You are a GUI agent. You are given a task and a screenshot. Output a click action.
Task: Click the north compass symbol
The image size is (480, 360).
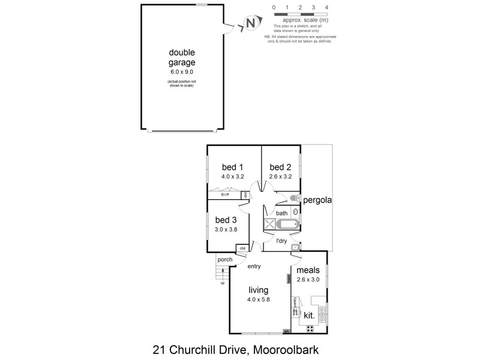tap(250, 25)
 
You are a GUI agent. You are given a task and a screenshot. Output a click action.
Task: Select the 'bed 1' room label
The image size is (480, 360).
tap(232, 167)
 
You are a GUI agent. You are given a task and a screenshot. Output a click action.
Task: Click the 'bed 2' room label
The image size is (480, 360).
tap(280, 167)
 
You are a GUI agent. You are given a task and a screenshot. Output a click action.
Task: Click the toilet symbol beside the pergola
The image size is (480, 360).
tap(294, 199)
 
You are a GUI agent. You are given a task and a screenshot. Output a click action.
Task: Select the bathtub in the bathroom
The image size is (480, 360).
tap(287, 224)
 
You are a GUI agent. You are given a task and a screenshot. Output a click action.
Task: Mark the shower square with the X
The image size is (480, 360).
tap(269, 224)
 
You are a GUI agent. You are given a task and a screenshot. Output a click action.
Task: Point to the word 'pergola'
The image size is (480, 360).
tap(317, 200)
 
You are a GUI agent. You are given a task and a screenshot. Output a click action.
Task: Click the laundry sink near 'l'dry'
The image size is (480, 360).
tap(295, 247)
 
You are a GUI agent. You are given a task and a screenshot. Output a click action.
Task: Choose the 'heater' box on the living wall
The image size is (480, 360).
tap(288, 278)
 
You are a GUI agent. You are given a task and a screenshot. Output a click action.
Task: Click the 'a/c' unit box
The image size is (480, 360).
tap(286, 331)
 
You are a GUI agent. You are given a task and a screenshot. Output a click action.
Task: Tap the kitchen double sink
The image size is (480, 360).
tap(323, 312)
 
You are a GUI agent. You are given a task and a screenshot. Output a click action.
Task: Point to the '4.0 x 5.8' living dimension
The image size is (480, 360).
tap(259, 299)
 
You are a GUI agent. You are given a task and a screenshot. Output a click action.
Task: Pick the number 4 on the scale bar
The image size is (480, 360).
tap(326, 8)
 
